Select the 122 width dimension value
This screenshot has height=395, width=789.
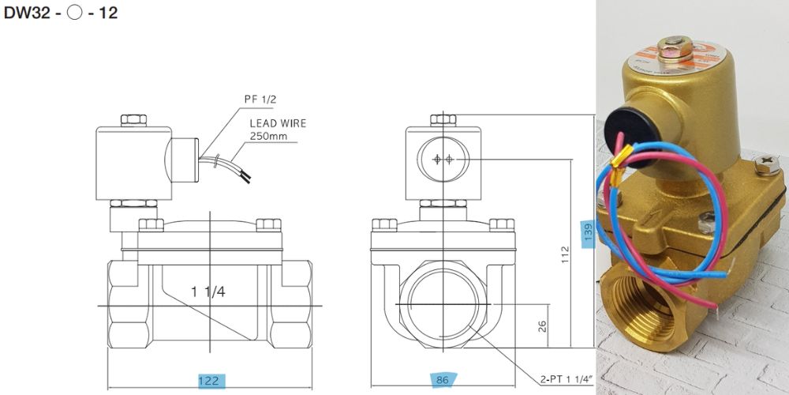point(208,381)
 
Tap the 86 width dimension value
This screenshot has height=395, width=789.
point(443,381)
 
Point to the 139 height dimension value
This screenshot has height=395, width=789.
point(587,233)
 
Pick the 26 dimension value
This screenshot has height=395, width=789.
point(543,325)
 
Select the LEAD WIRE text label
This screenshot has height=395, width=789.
point(278,123)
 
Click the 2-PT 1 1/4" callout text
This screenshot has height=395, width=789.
point(567,380)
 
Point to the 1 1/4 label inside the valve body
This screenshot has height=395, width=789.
point(208,292)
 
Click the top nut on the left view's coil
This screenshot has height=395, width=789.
point(134,120)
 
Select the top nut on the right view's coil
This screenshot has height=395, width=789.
point(443,120)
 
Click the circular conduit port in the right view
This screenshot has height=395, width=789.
point(443,159)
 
